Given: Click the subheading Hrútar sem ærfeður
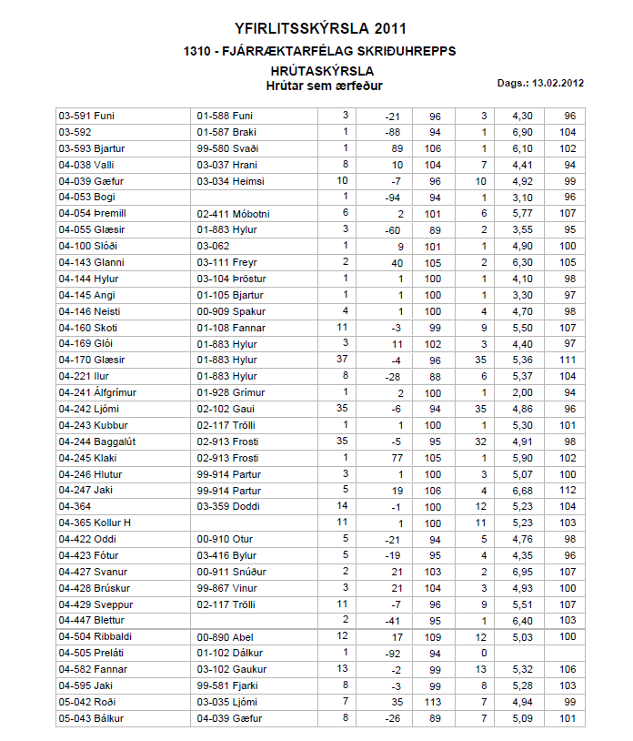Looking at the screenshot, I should coord(323,86).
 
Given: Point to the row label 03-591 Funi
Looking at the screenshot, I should coord(85,117).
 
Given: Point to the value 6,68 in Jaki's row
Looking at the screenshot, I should coord(521,491).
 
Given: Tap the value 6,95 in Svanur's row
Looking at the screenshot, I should coord(521,572).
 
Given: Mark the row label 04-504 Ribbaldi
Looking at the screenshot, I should coord(95,637).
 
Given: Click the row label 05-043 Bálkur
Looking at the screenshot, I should coord(89,719).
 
